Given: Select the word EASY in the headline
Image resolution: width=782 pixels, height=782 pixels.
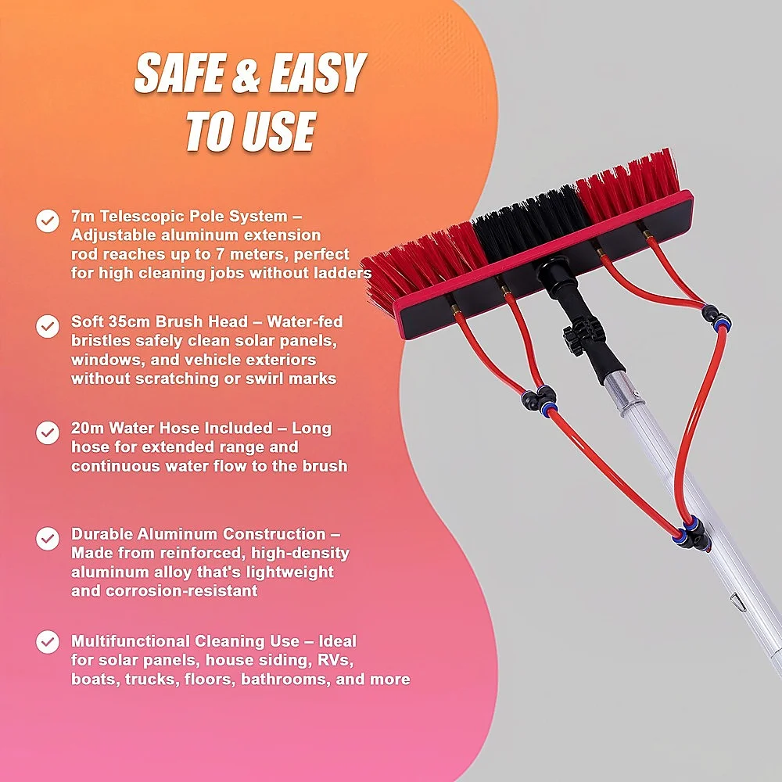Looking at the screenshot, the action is tap(317, 73).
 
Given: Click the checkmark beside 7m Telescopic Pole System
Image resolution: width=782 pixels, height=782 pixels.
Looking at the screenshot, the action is tap(48, 221).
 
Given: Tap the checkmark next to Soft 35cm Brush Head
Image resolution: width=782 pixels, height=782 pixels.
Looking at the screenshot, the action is tap(48, 326).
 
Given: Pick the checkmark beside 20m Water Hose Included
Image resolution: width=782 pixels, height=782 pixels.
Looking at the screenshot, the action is tap(48, 432).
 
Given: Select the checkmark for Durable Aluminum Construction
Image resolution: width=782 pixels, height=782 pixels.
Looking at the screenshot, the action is tap(48, 539).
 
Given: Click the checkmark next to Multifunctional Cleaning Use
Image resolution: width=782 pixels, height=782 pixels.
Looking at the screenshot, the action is tap(48, 642).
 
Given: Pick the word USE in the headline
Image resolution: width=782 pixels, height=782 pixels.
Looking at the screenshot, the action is tap(279, 131).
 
